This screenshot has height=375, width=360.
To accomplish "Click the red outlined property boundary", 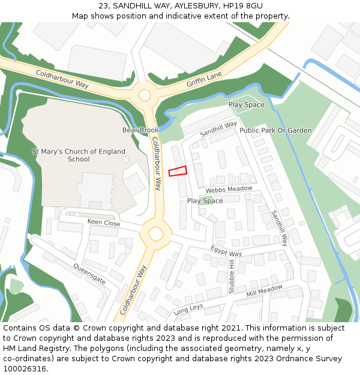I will click(x=178, y=171).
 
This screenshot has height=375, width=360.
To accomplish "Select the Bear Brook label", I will click(x=140, y=130).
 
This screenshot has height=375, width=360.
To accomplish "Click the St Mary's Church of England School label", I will click(x=79, y=155).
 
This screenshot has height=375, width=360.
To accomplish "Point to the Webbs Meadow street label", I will click(x=229, y=190).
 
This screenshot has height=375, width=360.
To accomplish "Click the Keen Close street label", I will click(x=104, y=223).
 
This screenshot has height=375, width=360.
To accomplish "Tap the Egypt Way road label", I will click(x=226, y=250).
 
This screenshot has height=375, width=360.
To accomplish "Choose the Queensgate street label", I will click(x=89, y=274).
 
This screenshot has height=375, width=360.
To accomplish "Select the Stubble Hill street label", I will click(x=232, y=277).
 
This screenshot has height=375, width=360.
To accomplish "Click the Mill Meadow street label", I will click(x=264, y=292).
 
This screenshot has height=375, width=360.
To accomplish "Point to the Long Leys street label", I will click(x=189, y=310).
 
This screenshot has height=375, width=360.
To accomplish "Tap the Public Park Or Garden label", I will click(x=275, y=130).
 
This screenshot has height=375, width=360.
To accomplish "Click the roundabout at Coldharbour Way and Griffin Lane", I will click(x=145, y=94).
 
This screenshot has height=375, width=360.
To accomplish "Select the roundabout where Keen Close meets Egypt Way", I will click(x=156, y=232).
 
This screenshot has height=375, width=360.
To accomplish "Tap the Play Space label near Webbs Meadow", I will click(x=205, y=201).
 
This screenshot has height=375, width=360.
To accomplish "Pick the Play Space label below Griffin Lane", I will click(x=246, y=105).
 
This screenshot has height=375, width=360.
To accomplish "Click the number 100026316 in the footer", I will click(x=26, y=369).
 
